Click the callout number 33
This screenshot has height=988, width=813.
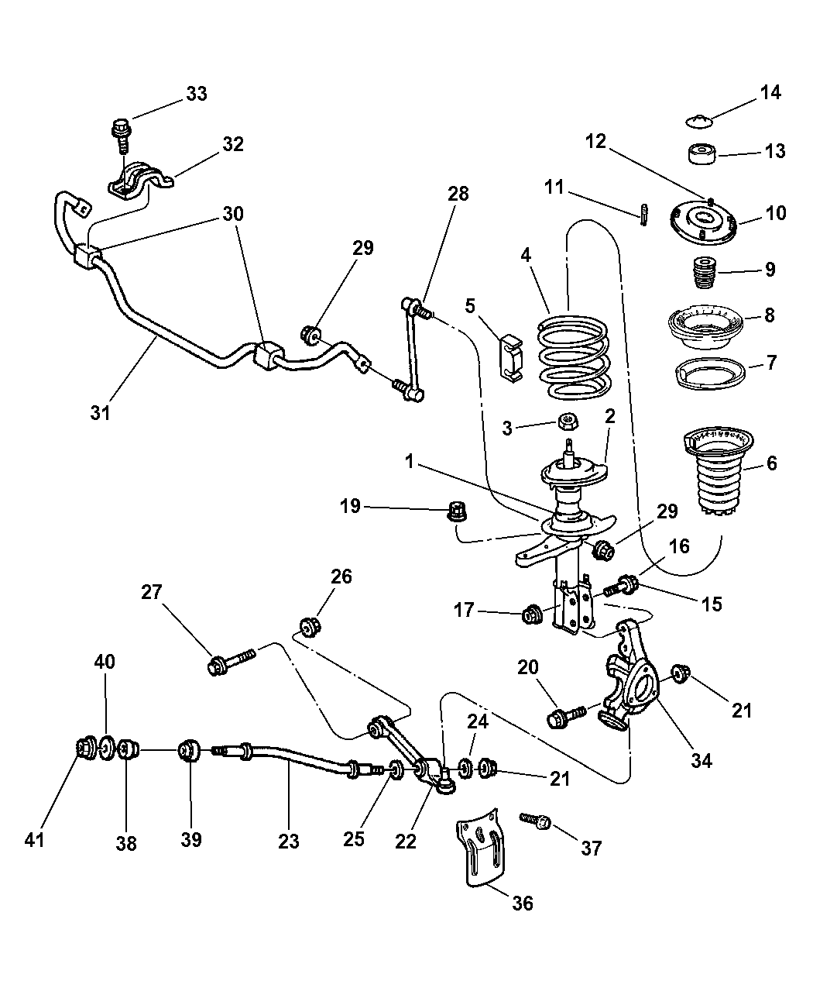click(x=196, y=94)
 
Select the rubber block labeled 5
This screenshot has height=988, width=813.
click(x=509, y=357)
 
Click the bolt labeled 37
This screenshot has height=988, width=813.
click(x=536, y=821)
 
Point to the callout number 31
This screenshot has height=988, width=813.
click(x=100, y=412)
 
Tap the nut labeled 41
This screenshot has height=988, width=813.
click(x=84, y=749)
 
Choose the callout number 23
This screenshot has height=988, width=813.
click(x=288, y=839)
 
